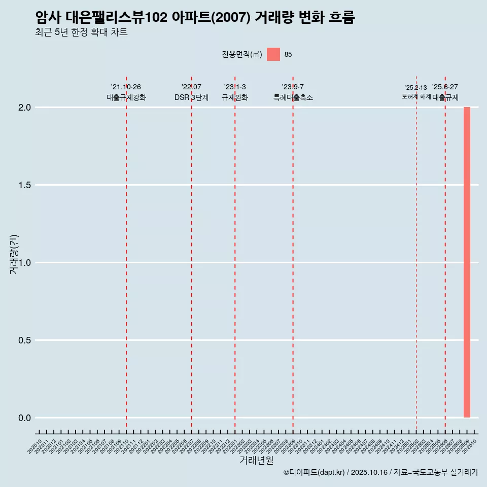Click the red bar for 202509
tap(467, 262)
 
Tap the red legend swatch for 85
tap(273, 54)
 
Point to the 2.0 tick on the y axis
tap(25, 108)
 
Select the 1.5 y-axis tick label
tap(25, 185)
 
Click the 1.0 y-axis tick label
tap(25, 263)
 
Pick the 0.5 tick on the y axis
tap(25, 340)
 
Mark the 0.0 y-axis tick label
tap(25, 418)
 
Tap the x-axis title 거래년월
tap(256, 461)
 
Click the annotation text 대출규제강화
tap(126, 97)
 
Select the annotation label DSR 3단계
tap(191, 97)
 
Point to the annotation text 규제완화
tap(235, 97)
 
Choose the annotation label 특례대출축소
tap(293, 97)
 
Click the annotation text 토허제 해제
tap(416, 96)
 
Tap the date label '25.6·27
tap(445, 87)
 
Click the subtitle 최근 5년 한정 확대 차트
tap(81, 32)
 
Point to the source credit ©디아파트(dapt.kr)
tap(314, 472)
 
